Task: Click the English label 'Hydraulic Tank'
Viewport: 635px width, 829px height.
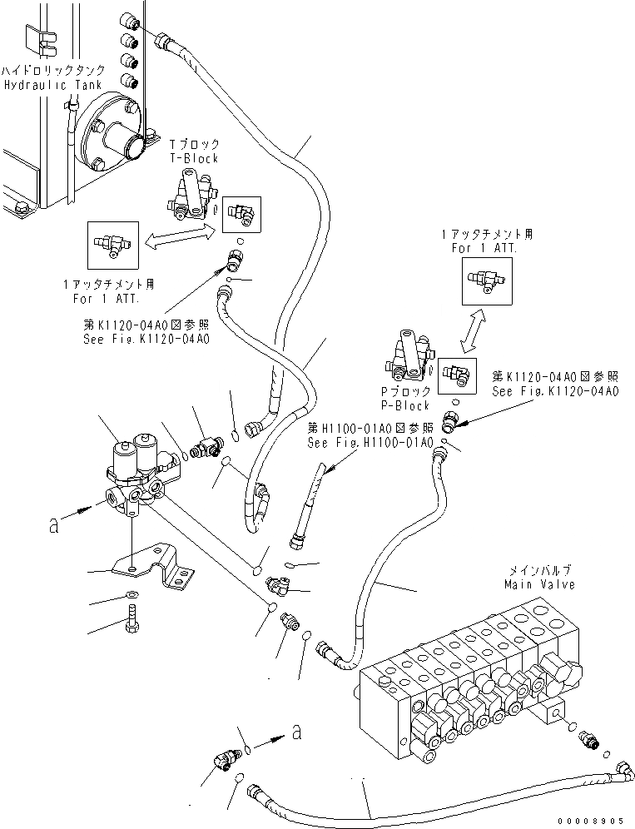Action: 54,85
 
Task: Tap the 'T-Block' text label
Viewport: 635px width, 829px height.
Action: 194,158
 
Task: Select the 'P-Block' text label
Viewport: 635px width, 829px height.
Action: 405,405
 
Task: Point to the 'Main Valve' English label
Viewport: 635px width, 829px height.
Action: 539,584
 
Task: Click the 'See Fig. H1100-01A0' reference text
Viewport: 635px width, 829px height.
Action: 370,442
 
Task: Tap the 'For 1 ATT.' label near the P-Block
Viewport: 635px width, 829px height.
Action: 484,248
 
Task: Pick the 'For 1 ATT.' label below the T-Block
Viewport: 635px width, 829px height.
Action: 107,299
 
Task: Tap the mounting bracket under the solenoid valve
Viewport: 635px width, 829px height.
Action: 153,567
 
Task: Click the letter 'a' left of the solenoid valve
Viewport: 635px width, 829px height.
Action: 53,526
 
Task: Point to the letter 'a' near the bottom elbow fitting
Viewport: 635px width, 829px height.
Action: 297,732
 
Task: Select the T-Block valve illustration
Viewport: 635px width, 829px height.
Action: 189,196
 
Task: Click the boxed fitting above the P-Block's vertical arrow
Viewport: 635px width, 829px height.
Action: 487,281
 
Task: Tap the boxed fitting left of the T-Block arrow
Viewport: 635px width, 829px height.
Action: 112,245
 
